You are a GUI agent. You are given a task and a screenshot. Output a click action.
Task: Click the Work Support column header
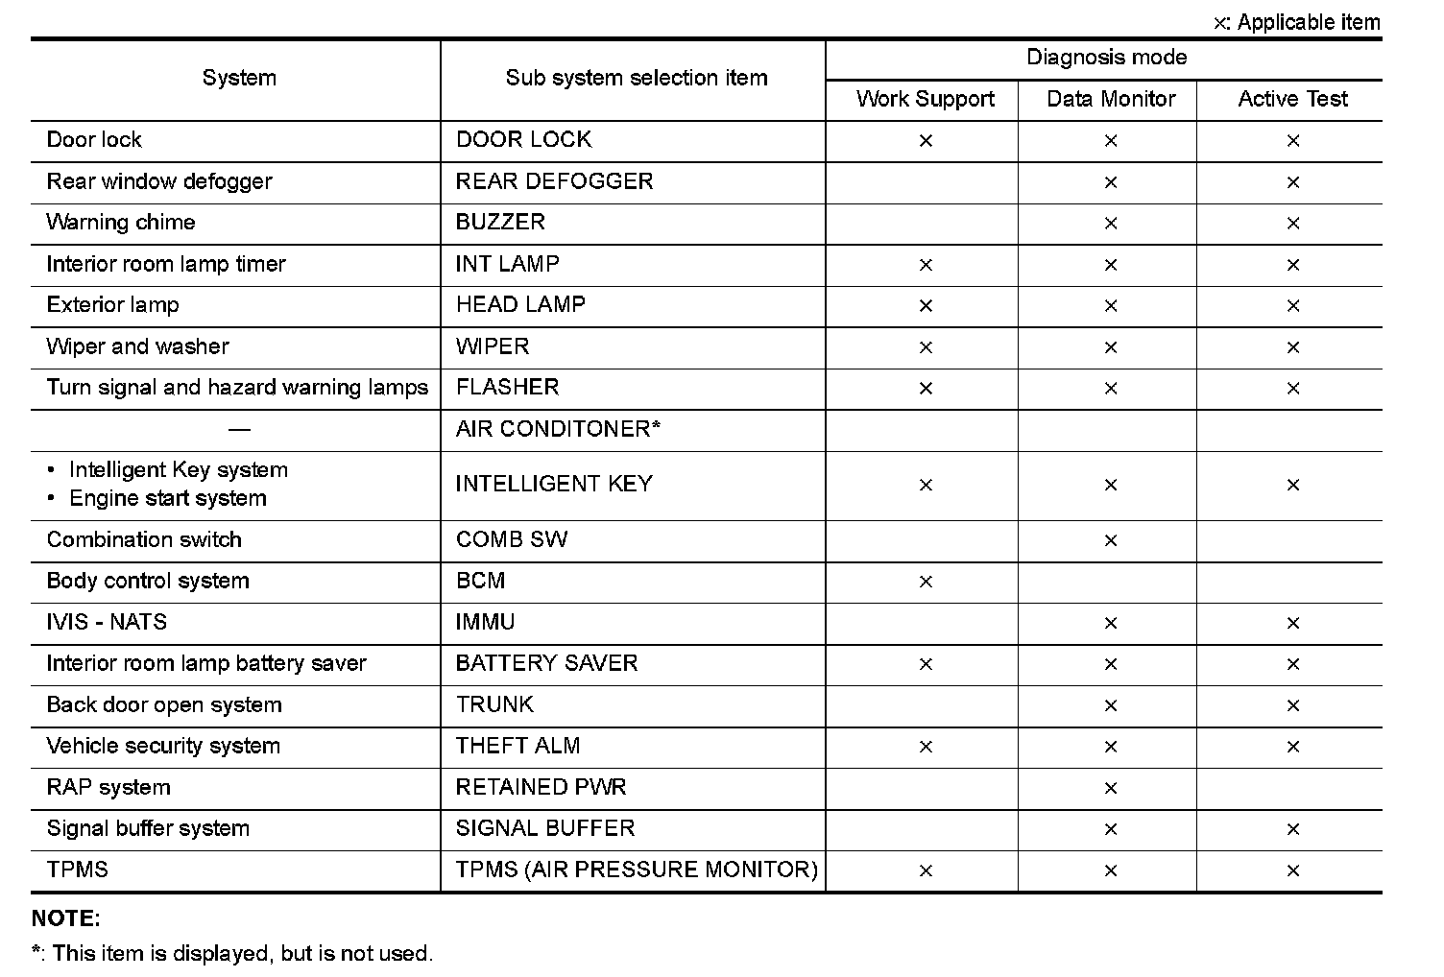[x=925, y=100]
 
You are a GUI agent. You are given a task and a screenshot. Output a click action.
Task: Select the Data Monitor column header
[x=1111, y=100]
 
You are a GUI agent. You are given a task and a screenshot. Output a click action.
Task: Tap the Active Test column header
[x=1292, y=100]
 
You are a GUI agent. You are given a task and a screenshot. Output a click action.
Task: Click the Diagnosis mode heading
[x=1106, y=58]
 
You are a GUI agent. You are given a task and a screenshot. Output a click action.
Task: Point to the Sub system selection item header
[x=636, y=79]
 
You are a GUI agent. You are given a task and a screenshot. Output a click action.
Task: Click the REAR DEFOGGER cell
[x=554, y=181]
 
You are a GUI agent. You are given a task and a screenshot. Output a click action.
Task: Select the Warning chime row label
[x=121, y=223]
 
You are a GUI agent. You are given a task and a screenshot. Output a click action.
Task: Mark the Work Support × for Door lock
[x=926, y=141]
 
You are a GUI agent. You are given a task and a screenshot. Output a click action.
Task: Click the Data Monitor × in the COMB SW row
[x=1111, y=541]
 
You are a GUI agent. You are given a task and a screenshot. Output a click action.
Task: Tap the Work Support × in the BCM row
[x=926, y=583]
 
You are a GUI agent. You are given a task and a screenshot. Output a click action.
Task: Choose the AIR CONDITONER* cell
[x=558, y=429]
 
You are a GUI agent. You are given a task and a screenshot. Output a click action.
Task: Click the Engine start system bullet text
[x=168, y=499]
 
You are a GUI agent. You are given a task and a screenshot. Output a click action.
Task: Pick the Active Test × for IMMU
[x=1293, y=624]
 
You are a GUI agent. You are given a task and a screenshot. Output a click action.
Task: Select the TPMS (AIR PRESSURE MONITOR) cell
[x=637, y=870]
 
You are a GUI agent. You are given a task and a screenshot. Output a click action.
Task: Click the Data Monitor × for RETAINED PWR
[x=1111, y=789]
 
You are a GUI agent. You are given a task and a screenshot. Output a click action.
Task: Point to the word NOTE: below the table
[x=66, y=918]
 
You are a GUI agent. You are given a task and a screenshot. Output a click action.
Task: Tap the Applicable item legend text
[x=1308, y=22]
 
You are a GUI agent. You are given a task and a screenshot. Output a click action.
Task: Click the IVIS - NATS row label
[x=107, y=622]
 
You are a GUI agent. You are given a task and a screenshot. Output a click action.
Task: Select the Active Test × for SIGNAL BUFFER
[x=1293, y=830]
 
